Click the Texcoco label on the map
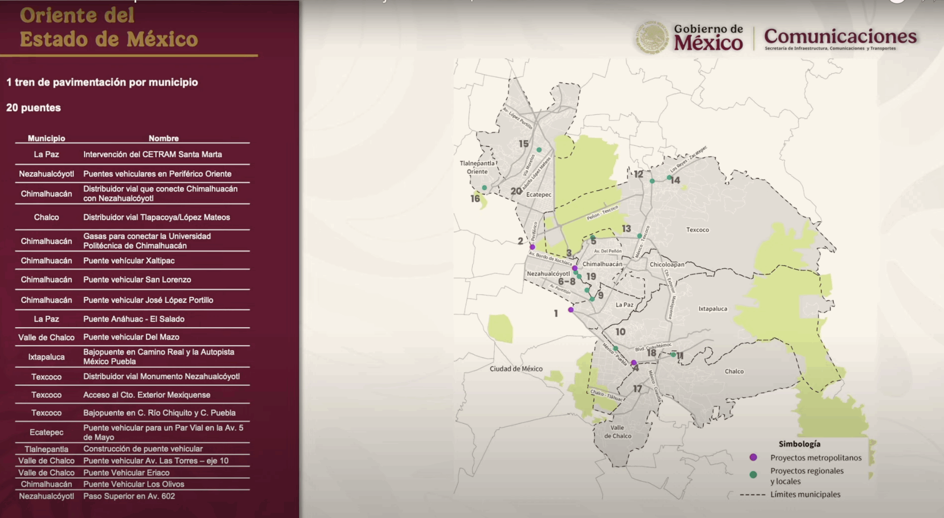(697, 230)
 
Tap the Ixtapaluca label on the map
(712, 309)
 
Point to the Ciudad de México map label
(516, 369)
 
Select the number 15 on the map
(524, 144)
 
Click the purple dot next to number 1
(571, 310)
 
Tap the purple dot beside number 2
(532, 247)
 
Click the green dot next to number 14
(669, 178)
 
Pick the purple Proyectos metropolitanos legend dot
(753, 457)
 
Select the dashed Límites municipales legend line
(753, 495)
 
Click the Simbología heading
(799, 444)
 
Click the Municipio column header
(46, 138)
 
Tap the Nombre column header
(164, 138)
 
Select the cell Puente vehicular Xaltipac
(129, 261)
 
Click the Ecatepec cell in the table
(46, 432)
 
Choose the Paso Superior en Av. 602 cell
(129, 496)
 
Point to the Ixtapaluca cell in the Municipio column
(46, 357)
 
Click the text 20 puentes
(34, 108)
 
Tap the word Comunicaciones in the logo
(840, 36)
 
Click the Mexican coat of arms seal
(652, 37)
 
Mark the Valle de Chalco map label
(618, 432)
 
